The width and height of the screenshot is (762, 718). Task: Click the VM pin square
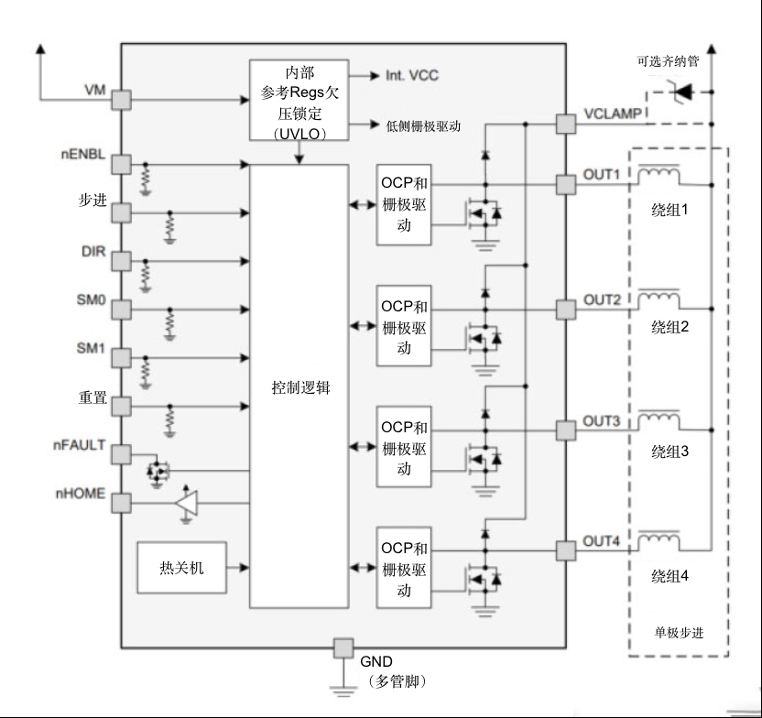point(122,100)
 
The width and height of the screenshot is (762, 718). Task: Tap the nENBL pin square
point(122,165)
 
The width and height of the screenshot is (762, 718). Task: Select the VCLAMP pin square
point(566,124)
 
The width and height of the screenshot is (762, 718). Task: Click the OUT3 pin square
point(566,430)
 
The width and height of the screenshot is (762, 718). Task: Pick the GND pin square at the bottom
point(343,648)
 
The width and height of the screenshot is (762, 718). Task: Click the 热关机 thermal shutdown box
point(181,568)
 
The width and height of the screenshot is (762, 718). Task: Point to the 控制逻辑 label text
point(300,387)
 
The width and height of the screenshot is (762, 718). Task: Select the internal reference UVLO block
point(299,100)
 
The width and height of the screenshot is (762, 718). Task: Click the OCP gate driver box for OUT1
point(404,204)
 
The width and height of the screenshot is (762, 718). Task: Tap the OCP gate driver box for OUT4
point(404,568)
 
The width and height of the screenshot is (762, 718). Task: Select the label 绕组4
point(669,576)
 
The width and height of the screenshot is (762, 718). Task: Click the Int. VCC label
point(412,75)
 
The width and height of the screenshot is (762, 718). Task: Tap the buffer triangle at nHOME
point(187,503)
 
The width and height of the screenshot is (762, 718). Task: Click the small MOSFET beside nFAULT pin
point(157,470)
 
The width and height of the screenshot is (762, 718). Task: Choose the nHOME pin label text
point(81,494)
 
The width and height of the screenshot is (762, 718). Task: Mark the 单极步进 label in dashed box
point(679,633)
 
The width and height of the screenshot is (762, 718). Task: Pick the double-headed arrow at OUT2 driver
point(363,325)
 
